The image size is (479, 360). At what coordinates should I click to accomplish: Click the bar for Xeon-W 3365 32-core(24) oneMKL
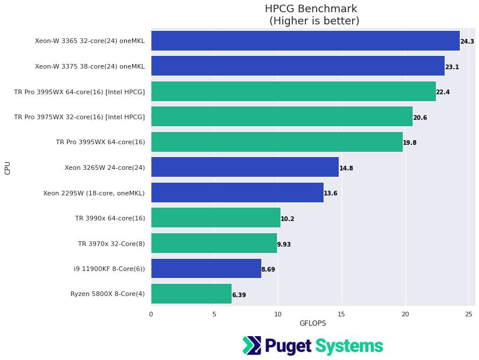tap(305, 41)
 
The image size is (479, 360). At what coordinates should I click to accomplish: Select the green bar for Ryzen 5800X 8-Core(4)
tap(191, 294)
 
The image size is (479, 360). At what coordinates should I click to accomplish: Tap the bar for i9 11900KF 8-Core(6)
tap(206, 269)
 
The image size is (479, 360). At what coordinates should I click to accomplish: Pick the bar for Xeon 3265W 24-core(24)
tap(244, 167)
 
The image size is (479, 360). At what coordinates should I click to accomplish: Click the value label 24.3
tap(467, 42)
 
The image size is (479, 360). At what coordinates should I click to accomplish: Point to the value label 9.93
tap(283, 244)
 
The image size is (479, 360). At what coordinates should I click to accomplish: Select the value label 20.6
tap(420, 117)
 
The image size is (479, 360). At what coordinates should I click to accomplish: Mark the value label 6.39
tap(239, 295)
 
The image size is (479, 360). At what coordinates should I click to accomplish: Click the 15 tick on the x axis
tap(342, 314)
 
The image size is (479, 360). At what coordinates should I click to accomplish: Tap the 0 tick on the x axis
tap(151, 314)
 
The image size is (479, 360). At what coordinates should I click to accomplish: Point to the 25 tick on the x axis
tap(469, 314)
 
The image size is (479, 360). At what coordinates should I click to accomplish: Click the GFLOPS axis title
tap(313, 323)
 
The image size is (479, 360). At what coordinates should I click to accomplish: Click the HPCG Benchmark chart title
tap(311, 9)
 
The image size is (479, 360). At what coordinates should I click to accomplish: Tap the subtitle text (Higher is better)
tap(314, 21)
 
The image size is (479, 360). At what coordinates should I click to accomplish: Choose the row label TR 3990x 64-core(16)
tap(109, 218)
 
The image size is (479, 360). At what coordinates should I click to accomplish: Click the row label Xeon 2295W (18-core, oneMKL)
tap(94, 193)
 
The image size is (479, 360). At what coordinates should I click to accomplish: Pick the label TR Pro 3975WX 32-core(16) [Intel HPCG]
tap(79, 117)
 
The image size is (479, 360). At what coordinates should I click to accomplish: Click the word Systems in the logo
tap(349, 346)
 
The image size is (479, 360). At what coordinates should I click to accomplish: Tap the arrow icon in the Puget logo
tap(251, 345)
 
